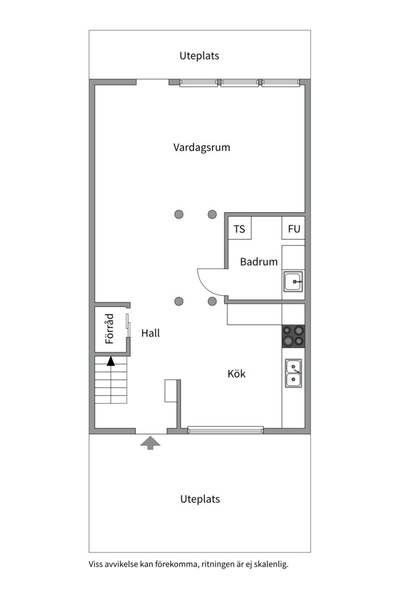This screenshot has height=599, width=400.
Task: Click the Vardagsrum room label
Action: (x=201, y=148)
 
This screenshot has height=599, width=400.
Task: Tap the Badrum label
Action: (x=258, y=262)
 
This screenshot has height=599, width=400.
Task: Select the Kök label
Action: (x=236, y=374)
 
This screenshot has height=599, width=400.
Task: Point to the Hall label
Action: (x=150, y=333)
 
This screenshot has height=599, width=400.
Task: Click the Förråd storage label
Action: (x=109, y=329)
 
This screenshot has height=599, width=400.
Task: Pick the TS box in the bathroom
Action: (x=239, y=229)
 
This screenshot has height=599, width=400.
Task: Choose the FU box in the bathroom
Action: (x=293, y=229)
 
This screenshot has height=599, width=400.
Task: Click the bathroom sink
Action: (x=293, y=282)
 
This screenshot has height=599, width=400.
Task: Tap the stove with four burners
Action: (x=293, y=336)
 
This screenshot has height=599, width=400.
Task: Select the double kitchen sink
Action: (x=293, y=373)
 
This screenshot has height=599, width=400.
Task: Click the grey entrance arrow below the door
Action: (x=150, y=443)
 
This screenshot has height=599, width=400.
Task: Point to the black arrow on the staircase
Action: (x=111, y=362)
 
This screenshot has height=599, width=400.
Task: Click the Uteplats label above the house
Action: (x=199, y=55)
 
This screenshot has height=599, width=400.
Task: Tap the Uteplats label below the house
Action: (x=200, y=499)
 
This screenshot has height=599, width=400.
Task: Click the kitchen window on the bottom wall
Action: (x=226, y=430)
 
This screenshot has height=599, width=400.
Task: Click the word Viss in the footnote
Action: (x=97, y=565)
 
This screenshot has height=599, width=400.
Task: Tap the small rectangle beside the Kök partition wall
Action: (x=170, y=390)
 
